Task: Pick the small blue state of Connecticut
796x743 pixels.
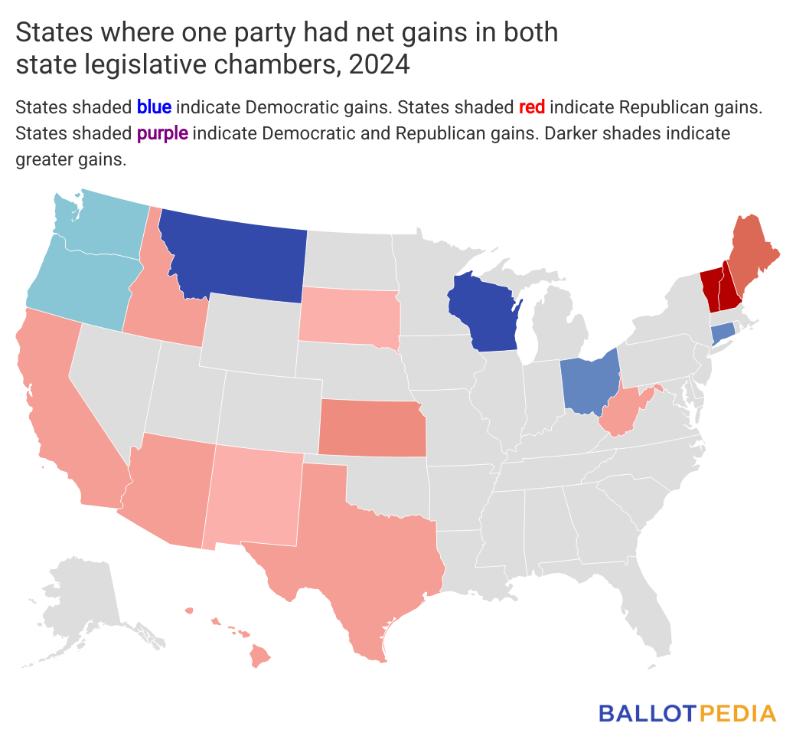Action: click(x=723, y=334)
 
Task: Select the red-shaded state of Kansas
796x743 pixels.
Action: click(x=371, y=429)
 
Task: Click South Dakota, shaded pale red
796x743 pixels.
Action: click(x=348, y=314)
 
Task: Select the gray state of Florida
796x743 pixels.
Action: click(x=651, y=613)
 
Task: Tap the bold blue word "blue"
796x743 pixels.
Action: click(x=153, y=106)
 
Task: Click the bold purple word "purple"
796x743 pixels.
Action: click(x=162, y=133)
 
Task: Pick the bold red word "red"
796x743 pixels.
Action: click(x=531, y=106)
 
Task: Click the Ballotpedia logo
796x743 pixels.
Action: click(x=687, y=713)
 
